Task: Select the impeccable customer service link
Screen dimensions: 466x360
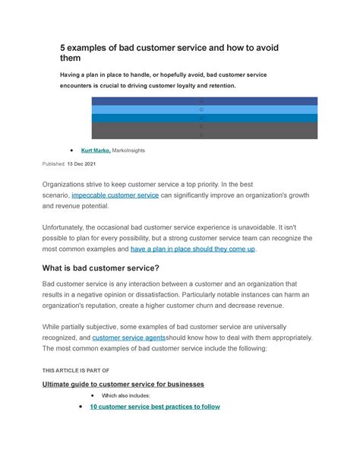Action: coord(115,195)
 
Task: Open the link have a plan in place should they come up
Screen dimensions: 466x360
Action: coord(193,249)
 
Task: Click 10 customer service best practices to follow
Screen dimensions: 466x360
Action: coord(155,407)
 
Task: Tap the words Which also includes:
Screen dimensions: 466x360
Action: coord(126,395)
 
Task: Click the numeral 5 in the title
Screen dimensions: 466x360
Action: coord(65,49)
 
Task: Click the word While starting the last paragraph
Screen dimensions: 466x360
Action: coord(54,326)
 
